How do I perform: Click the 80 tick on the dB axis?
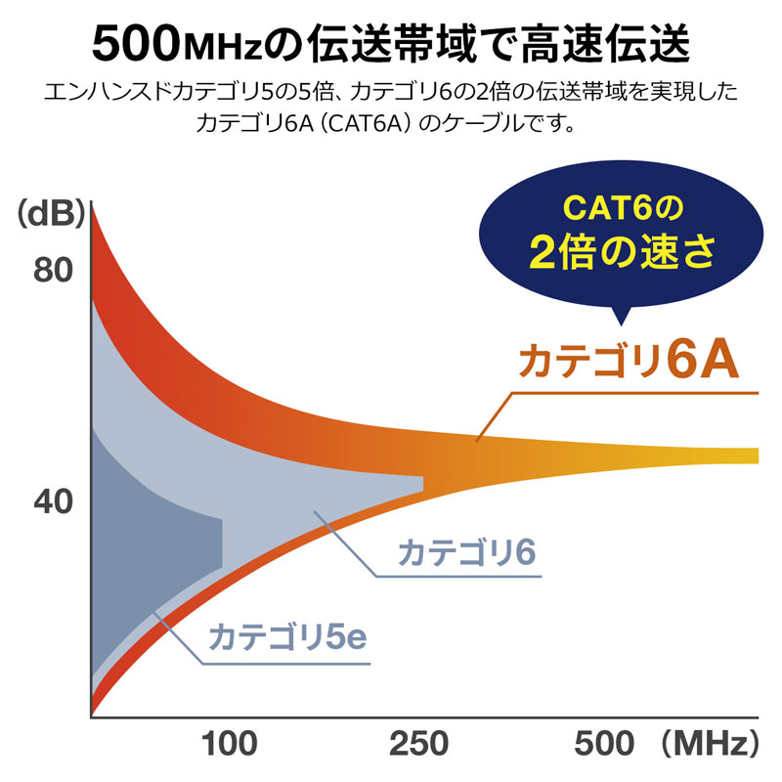(55, 268)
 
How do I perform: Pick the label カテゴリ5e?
(285, 637)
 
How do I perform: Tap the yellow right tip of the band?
(748, 456)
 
